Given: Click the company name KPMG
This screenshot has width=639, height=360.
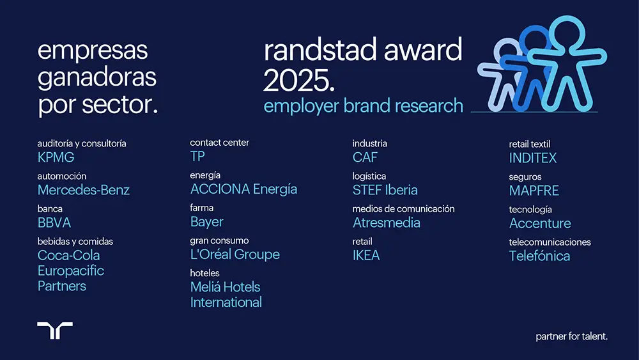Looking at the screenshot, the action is [56, 157].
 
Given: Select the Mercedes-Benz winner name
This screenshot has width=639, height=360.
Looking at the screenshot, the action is [84, 190].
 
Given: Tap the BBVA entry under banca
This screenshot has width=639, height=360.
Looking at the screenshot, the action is [54, 223].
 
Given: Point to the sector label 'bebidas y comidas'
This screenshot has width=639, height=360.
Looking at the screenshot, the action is [75, 241].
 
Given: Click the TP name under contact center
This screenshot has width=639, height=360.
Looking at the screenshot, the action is [197, 156].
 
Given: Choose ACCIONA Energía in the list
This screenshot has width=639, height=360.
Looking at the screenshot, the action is [243, 189].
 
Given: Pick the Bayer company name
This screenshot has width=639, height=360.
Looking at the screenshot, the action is [206, 222].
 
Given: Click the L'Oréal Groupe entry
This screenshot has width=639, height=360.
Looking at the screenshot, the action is [235, 254].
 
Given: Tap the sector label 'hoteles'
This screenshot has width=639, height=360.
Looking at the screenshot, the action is [204, 273].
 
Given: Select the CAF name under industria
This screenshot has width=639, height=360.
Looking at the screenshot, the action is [365, 157].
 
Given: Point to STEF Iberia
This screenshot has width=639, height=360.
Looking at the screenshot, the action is [385, 190].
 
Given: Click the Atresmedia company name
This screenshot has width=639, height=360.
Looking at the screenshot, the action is [387, 223].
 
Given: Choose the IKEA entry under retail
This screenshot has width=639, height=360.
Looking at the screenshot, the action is [366, 255].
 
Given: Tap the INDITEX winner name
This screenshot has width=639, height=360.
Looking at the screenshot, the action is [533, 158].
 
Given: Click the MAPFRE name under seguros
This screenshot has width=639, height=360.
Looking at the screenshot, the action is [534, 191].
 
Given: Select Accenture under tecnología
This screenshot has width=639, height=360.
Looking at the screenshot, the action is [540, 223].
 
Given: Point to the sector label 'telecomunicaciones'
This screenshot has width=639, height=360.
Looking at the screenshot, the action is [550, 242].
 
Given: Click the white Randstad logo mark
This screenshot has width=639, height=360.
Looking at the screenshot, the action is [55, 330].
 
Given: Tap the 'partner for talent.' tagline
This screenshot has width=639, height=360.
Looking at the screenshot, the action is [571, 336].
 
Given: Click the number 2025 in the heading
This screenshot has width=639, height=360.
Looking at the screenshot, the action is [298, 80].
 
